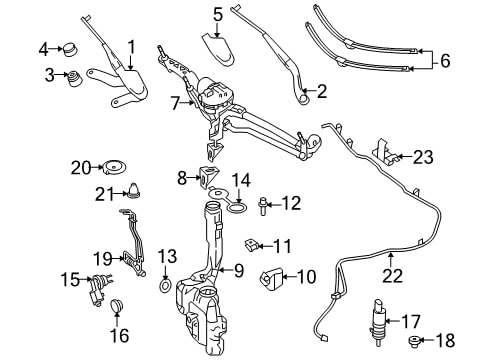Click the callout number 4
(43, 50)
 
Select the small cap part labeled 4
(70, 49)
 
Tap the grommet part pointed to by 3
(75, 78)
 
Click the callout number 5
(218, 15)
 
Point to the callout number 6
(445, 61)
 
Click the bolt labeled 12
(263, 206)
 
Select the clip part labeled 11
(251, 245)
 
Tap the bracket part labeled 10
(271, 277)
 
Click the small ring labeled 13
(165, 285)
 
